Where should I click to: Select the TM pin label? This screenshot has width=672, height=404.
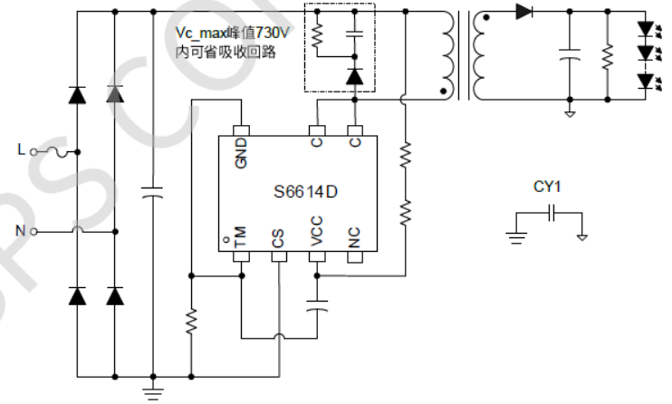(x=242, y=238)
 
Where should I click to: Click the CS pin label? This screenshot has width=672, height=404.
(x=278, y=238)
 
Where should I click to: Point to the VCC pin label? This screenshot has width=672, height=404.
(x=317, y=235)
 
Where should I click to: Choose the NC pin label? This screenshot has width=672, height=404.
(x=355, y=238)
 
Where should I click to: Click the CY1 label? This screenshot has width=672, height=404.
(x=547, y=188)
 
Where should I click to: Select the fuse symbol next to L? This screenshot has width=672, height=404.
(x=61, y=151)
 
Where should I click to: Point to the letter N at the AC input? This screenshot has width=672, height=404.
(x=20, y=230)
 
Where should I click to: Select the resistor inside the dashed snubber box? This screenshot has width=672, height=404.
(x=317, y=36)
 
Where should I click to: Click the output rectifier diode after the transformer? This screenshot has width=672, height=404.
(x=524, y=12)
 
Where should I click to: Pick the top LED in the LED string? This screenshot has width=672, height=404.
(x=645, y=29)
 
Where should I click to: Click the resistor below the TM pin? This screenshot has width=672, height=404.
(x=191, y=322)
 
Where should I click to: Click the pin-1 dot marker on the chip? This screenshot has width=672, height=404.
(x=226, y=241)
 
